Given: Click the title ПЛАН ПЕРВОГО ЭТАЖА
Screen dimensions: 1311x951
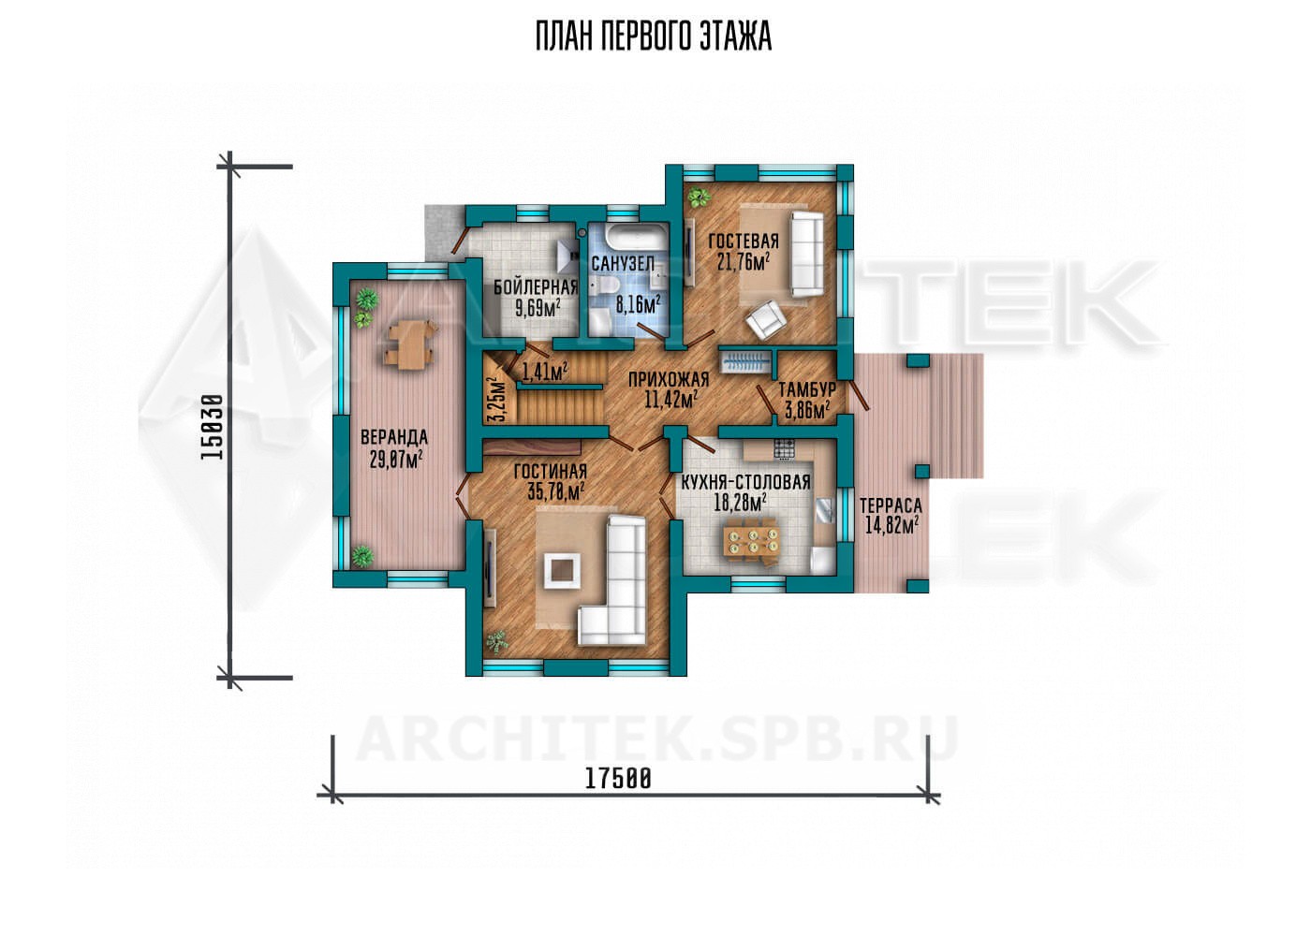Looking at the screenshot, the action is click(654, 37).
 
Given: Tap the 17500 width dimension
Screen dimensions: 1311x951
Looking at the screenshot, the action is click(618, 779).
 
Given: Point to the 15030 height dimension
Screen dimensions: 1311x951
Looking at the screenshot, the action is click(212, 427).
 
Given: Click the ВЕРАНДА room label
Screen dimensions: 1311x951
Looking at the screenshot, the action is click(394, 437).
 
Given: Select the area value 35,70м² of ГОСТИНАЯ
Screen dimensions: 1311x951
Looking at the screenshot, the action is click(556, 491).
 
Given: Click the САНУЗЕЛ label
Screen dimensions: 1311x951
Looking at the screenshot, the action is click(623, 264).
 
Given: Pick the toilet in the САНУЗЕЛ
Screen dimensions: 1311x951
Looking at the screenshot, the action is click(605, 285).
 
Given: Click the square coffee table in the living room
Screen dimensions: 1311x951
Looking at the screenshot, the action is click(563, 570).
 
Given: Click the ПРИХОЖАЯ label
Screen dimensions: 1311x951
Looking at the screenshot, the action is click(669, 380).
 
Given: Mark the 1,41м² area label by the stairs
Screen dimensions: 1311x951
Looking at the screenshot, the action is click(544, 371).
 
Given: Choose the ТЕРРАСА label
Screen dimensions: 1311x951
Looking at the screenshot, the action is click(891, 505).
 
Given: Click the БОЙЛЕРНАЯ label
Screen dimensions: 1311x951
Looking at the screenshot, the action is click(536, 286).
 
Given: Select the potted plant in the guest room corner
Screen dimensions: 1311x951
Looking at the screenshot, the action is click(697, 198).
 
